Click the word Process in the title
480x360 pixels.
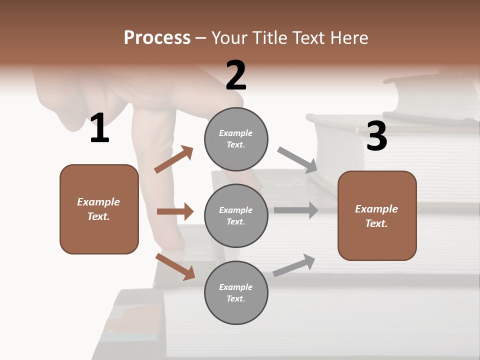(x=157, y=37)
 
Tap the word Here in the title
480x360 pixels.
(x=348, y=37)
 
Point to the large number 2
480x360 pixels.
(x=236, y=75)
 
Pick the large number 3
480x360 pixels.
(x=376, y=136)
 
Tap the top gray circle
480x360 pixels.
(x=236, y=139)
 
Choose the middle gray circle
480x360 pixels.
(x=236, y=215)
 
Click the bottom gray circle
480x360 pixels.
(x=236, y=292)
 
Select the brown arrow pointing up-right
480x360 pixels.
(x=174, y=159)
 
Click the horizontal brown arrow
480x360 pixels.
(x=175, y=211)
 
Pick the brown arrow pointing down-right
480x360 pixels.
(x=175, y=266)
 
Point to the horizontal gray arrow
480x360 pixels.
(x=296, y=210)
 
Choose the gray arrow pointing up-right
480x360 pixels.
(x=294, y=265)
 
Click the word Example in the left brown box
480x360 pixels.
(x=98, y=202)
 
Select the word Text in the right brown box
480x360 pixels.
(x=376, y=223)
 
